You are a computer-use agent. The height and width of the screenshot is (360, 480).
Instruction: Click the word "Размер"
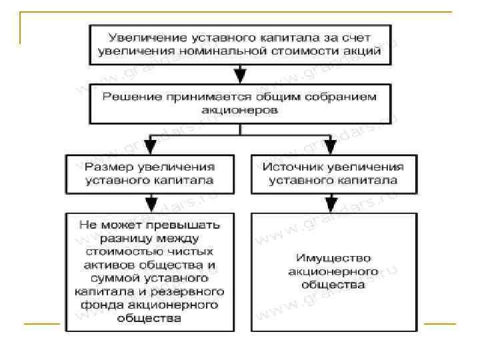pyautogui.click(x=109, y=166)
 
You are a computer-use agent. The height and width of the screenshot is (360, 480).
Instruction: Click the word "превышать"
pyautogui.click(x=185, y=225)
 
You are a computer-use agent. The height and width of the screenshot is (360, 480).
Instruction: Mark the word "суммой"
pyautogui.click(x=122, y=278)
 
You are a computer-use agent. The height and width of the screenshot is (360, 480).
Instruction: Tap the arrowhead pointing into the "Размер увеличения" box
pyautogui.click(x=150, y=147)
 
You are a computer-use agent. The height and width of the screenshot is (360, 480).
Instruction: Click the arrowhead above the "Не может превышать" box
pyautogui.click(x=150, y=203)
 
